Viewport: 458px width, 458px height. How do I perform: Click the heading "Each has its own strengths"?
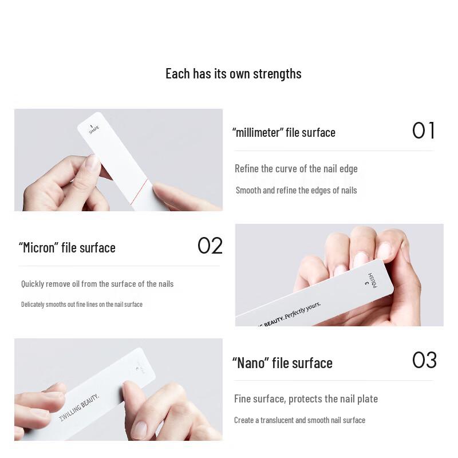click(233, 74)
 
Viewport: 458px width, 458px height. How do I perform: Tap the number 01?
click(424, 131)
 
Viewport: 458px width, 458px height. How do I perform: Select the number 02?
click(210, 246)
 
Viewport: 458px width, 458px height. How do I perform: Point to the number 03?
click(424, 360)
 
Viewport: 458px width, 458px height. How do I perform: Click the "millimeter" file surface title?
click(283, 132)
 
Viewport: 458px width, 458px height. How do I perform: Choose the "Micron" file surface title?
click(67, 247)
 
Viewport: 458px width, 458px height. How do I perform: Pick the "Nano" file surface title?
click(282, 363)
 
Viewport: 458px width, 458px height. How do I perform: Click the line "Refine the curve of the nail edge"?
click(296, 168)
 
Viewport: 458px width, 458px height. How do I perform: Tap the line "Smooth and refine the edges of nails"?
click(296, 190)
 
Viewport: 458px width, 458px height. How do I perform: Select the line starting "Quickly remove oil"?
click(97, 284)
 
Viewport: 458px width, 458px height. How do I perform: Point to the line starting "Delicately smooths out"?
click(82, 304)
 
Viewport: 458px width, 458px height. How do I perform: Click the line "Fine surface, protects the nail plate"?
click(306, 398)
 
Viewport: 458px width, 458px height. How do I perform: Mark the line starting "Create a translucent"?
click(299, 420)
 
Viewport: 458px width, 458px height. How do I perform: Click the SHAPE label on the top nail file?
click(93, 129)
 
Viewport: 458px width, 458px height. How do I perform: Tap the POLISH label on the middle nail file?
click(373, 280)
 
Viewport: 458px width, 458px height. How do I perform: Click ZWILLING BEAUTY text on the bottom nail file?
click(79, 408)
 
